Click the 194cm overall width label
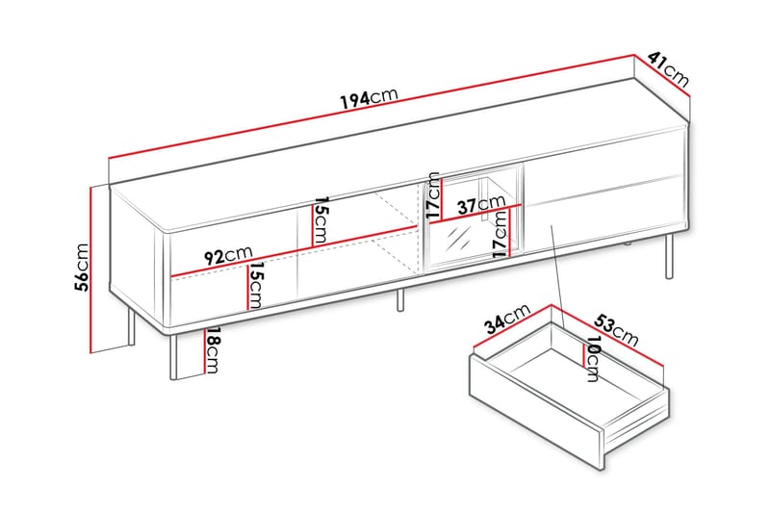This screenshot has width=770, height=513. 369,97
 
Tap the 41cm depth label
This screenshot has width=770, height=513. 668,69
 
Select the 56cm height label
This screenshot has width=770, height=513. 82,267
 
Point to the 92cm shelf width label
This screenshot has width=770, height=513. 228,255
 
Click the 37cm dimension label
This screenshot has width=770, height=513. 481,205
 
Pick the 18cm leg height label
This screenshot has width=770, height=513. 212,350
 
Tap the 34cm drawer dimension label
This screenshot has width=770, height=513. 507,320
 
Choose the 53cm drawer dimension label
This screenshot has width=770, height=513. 617,329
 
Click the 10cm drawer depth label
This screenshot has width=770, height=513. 593,359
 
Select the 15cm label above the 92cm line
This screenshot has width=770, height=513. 321,220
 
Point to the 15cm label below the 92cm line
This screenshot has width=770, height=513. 255,285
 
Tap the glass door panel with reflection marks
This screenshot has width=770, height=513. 458,242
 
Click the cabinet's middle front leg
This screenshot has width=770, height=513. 400,299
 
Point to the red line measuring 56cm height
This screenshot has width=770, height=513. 91,269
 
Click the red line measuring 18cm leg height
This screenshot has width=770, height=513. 204,350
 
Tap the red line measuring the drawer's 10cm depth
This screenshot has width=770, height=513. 582,354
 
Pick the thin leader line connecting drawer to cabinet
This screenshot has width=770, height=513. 558,276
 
